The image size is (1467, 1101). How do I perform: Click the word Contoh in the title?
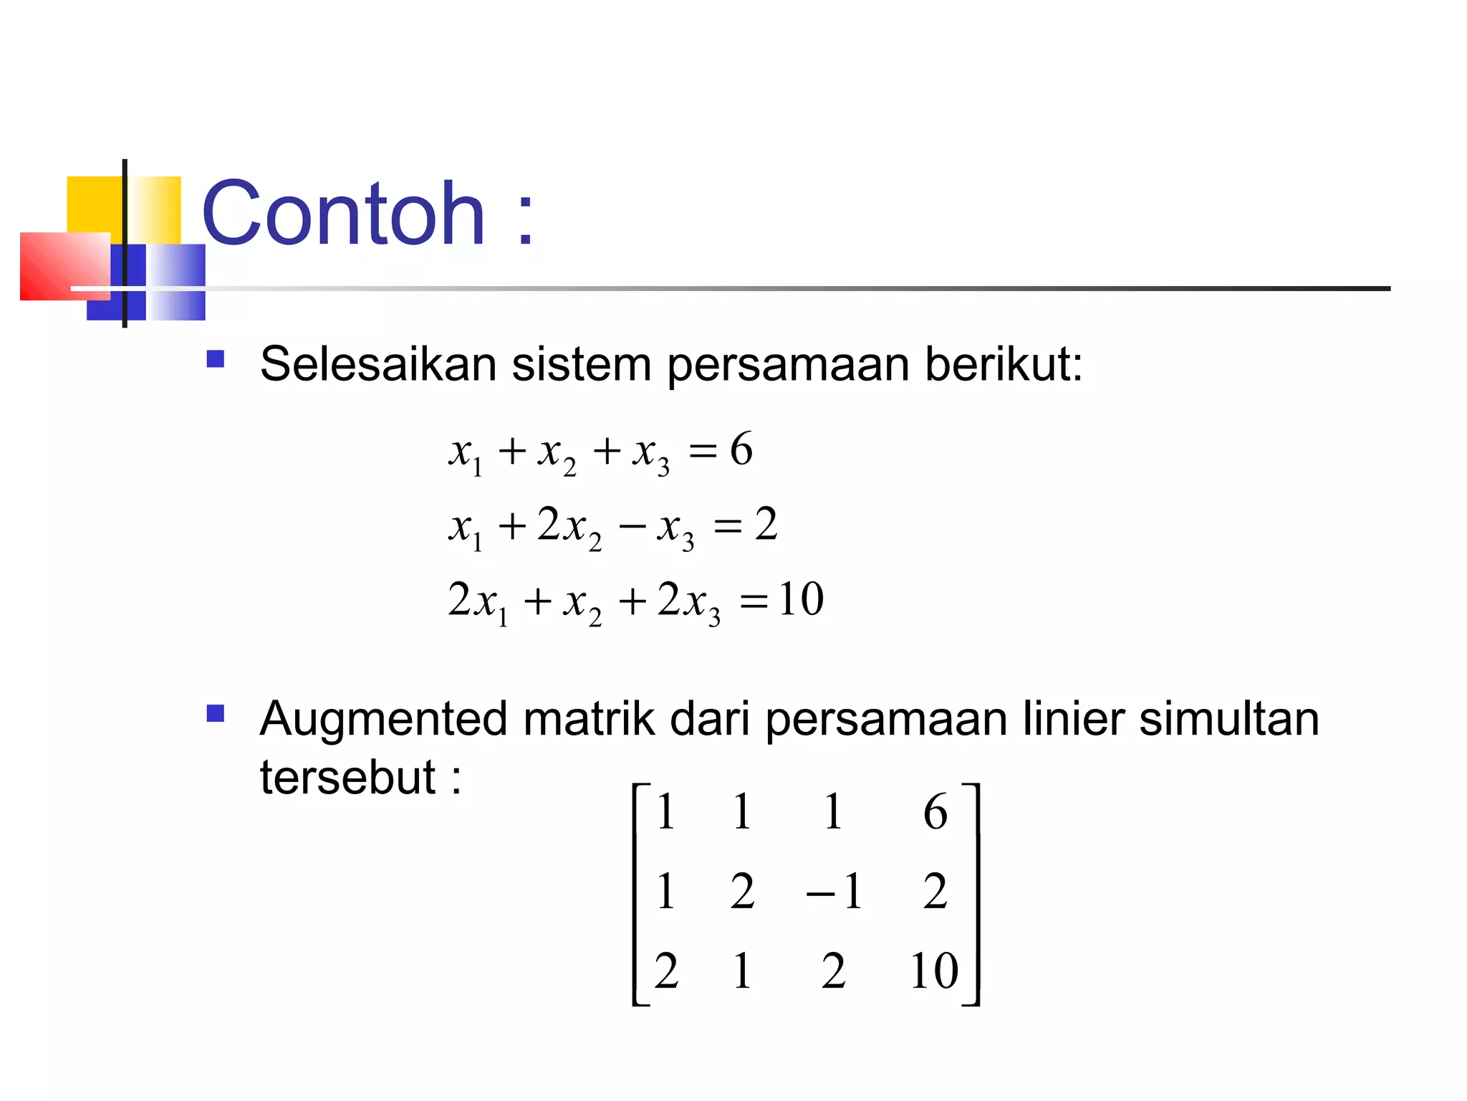(344, 214)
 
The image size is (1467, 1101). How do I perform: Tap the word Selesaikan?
(377, 364)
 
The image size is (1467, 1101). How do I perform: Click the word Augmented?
(384, 719)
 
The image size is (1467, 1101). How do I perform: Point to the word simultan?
(1228, 719)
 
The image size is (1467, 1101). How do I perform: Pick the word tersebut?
(347, 777)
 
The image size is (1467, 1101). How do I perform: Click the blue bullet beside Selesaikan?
(215, 358)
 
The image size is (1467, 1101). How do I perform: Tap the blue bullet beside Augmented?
(215, 713)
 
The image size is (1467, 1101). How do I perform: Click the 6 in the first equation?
(741, 449)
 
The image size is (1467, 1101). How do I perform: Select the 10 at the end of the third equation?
(801, 599)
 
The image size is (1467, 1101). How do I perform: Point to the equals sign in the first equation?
(702, 452)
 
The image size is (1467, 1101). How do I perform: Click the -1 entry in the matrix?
(834, 892)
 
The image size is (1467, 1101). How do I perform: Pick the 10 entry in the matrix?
(934, 971)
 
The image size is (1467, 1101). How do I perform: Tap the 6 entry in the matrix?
(935, 812)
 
